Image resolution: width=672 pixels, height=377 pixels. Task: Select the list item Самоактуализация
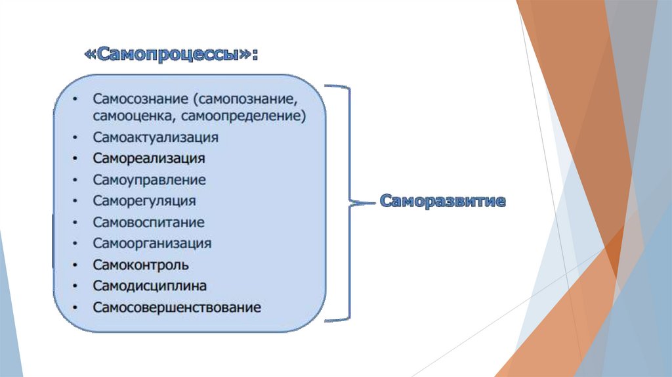pyautogui.click(x=156, y=138)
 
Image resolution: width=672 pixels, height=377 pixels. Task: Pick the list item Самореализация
pyautogui.click(x=149, y=159)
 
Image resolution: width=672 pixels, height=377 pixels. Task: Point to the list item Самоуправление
pyautogui.click(x=149, y=180)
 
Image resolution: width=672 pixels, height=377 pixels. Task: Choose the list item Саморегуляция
pyautogui.click(x=144, y=201)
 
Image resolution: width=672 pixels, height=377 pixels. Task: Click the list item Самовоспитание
pyautogui.click(x=148, y=223)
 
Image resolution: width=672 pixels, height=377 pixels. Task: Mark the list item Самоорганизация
pyautogui.click(x=152, y=244)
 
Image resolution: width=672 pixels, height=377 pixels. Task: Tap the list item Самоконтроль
pyautogui.click(x=141, y=265)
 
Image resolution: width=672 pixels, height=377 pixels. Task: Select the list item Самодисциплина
pyautogui.click(x=150, y=286)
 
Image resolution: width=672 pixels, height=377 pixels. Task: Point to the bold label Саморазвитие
pyautogui.click(x=443, y=201)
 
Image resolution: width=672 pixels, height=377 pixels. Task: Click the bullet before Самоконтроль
pyautogui.click(x=77, y=265)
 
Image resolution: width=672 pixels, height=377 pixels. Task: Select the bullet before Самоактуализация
pyautogui.click(x=77, y=138)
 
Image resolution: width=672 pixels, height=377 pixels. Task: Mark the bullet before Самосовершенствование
pyautogui.click(x=77, y=307)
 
